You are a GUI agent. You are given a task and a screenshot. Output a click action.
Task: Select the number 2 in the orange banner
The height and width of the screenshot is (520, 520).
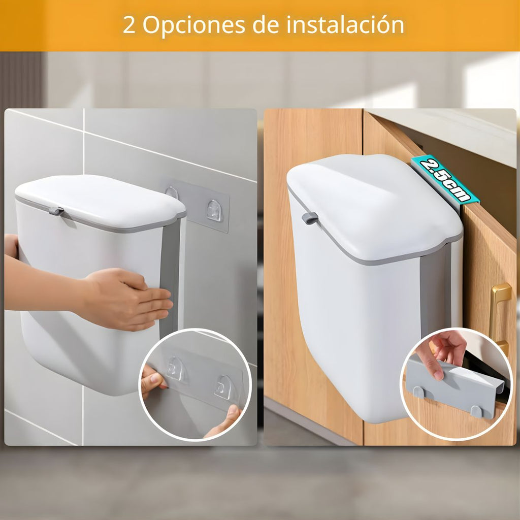129,24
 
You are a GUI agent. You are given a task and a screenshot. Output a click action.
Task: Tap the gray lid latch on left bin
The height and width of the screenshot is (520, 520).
56,211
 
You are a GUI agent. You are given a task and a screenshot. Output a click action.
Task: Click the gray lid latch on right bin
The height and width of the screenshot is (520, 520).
310,218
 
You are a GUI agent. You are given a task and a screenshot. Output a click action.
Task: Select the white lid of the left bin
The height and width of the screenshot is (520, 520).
100,202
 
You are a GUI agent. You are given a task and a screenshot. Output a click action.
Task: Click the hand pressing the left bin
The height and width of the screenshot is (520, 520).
123,299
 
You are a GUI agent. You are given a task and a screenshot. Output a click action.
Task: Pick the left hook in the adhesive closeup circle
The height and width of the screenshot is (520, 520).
175,369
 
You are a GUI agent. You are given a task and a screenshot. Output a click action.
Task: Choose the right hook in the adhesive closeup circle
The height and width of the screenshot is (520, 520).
224,386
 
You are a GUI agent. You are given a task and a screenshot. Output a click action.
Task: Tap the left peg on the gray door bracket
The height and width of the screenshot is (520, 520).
418,393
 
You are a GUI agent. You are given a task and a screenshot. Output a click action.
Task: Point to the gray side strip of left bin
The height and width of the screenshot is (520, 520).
170,279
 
